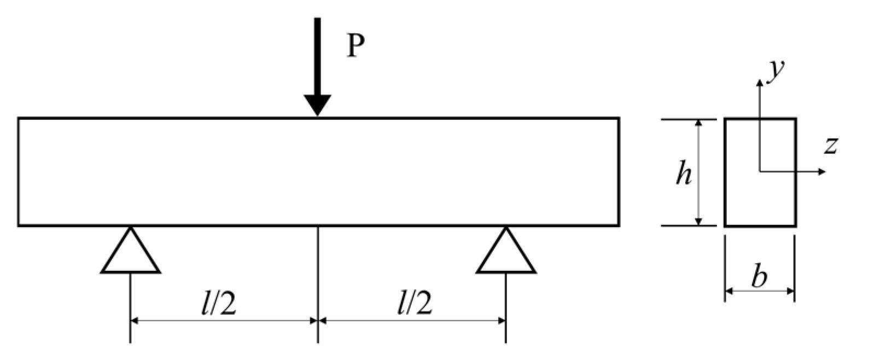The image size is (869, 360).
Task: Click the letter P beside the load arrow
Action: coord(355,48)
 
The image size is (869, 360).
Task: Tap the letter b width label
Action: coord(759,277)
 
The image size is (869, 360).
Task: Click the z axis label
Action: coord(831,146)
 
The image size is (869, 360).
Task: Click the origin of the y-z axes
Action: coord(760,172)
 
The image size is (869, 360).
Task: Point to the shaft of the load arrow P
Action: coord(318,55)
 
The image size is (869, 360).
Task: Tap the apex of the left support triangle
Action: coord(130,228)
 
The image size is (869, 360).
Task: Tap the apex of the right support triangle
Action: coord(506,228)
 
